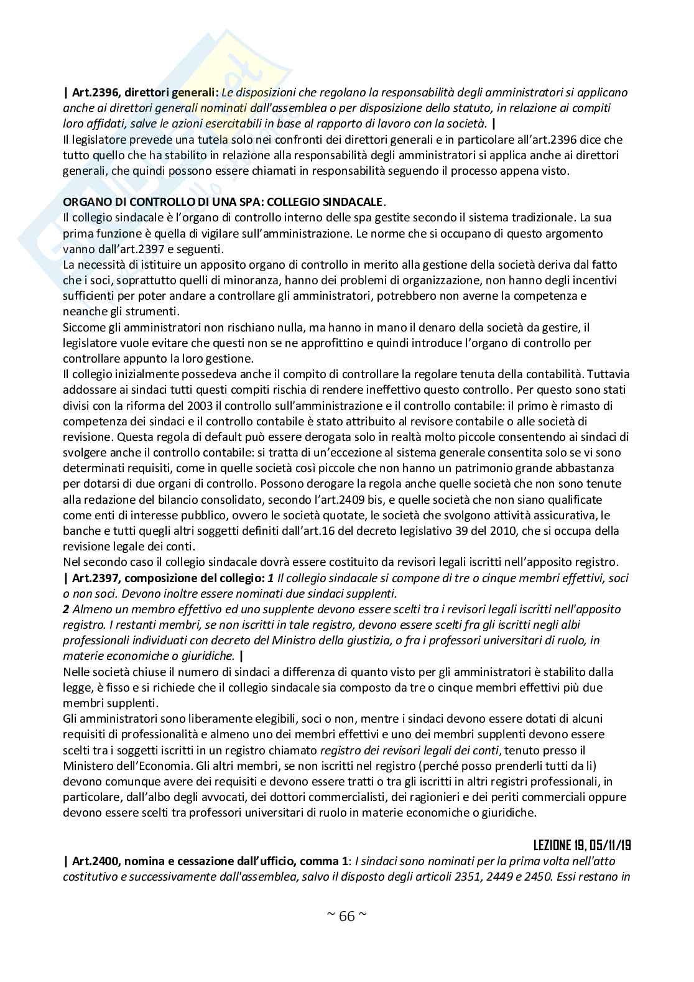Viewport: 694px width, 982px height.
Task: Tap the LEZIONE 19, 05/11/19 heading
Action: pos(582,845)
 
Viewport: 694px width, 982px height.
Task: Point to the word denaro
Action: pos(399,327)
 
